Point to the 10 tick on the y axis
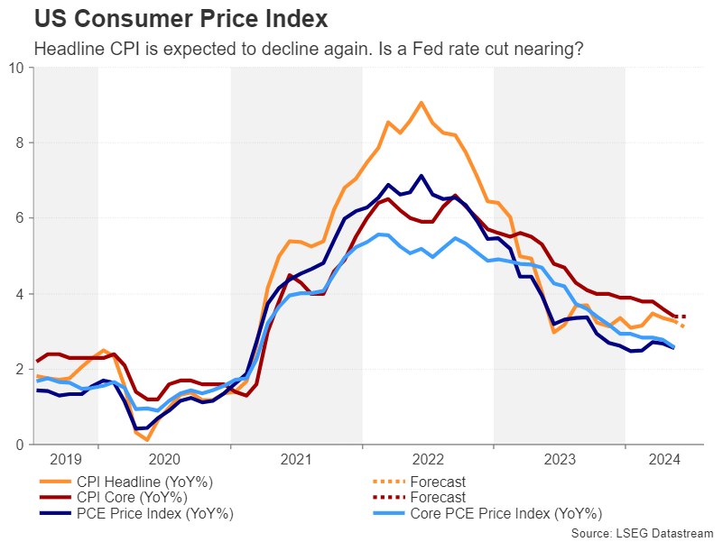point(18,68)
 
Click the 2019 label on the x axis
point(65,459)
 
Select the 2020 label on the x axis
point(164,459)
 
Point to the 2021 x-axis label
point(296,459)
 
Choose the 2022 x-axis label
point(428,459)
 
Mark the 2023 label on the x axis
point(560,459)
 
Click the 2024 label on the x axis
point(664,459)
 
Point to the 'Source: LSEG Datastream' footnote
point(642,534)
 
